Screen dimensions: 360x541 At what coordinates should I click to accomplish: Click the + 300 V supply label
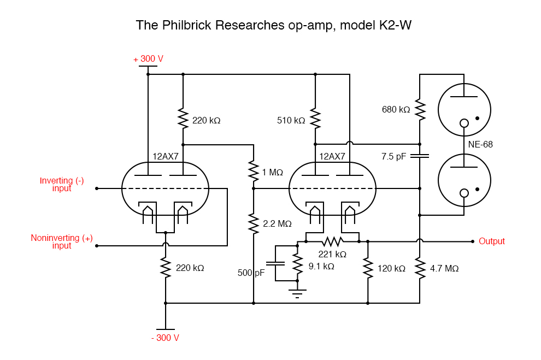pos(148,59)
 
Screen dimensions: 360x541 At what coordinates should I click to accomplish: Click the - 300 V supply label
pos(165,338)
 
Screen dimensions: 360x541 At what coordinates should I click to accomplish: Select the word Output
pos(491,241)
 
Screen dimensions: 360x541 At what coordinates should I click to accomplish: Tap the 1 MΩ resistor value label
pos(272,173)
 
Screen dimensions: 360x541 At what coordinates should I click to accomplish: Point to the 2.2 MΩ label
pos(277,223)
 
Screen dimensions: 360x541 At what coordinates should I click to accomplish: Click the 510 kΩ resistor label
pos(291,120)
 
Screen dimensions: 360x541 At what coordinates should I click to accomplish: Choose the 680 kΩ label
pos(396,109)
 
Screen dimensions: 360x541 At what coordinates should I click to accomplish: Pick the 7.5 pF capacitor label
pos(393,156)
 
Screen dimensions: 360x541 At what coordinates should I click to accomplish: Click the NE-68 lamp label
pos(480,145)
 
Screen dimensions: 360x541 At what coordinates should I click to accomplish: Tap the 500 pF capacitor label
pos(251,273)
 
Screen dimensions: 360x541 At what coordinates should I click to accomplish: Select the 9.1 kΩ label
pos(321,267)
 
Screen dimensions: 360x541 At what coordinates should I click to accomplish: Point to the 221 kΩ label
pos(332,254)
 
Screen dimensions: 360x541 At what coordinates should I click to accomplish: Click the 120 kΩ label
pos(391,269)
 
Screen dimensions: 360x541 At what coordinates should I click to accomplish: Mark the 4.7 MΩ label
pos(444,269)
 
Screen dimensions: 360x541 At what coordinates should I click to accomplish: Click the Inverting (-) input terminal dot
pos(97,188)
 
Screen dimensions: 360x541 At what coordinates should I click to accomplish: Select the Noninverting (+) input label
pos(62,241)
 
